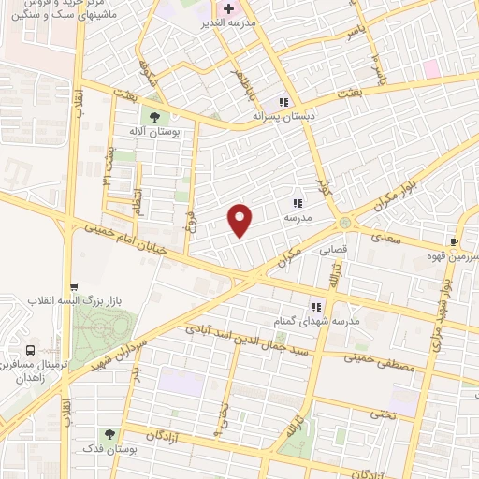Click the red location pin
241,219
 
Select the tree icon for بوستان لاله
156,117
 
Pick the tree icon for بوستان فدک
110,435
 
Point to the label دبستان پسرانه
281,117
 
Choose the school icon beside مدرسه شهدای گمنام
315,306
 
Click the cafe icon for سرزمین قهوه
454,240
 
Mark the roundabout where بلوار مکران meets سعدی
346,223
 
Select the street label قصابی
335,251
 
